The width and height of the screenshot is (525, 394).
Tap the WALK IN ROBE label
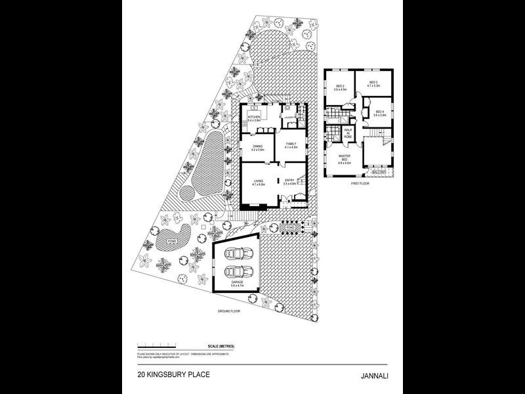pyautogui.click(x=348, y=133)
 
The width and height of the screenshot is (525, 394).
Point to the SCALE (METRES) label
pyautogui.click(x=221, y=345)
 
